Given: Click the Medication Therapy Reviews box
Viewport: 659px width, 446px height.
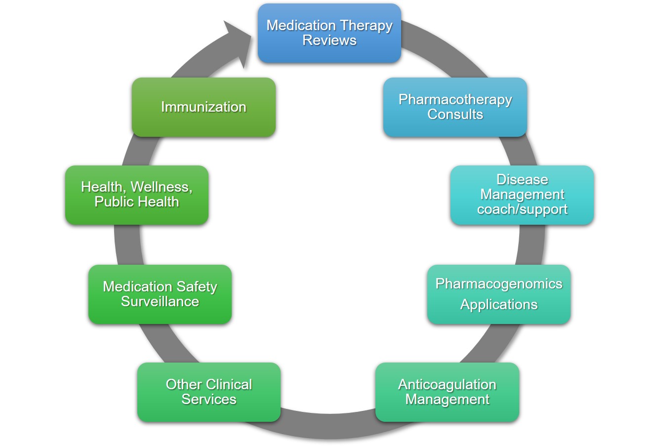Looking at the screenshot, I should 329,33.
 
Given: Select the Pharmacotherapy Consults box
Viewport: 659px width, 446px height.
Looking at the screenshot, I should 455,107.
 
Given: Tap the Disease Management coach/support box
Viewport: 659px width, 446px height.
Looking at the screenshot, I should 522,195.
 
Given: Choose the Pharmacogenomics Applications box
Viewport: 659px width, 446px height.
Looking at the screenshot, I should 498,294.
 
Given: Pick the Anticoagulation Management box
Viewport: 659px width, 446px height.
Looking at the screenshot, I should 447,392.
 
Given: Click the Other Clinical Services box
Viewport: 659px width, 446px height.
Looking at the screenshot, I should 208,392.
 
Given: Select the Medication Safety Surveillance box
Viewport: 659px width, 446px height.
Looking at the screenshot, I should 160,294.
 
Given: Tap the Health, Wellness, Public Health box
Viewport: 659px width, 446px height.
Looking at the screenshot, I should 136,195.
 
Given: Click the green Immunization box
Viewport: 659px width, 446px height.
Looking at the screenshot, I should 203,107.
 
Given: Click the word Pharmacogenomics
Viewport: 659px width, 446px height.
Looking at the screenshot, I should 498,284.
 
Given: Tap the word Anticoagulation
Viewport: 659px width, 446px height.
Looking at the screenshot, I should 447,384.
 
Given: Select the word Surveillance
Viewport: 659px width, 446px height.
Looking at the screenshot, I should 160,302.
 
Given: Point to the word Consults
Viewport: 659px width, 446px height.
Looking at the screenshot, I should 455,115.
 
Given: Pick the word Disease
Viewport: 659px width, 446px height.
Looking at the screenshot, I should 522,179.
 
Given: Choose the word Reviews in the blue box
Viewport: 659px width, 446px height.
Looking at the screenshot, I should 329,41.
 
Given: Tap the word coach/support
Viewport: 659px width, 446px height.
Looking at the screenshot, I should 522,209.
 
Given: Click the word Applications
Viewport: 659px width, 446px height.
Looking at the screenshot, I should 498,305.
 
